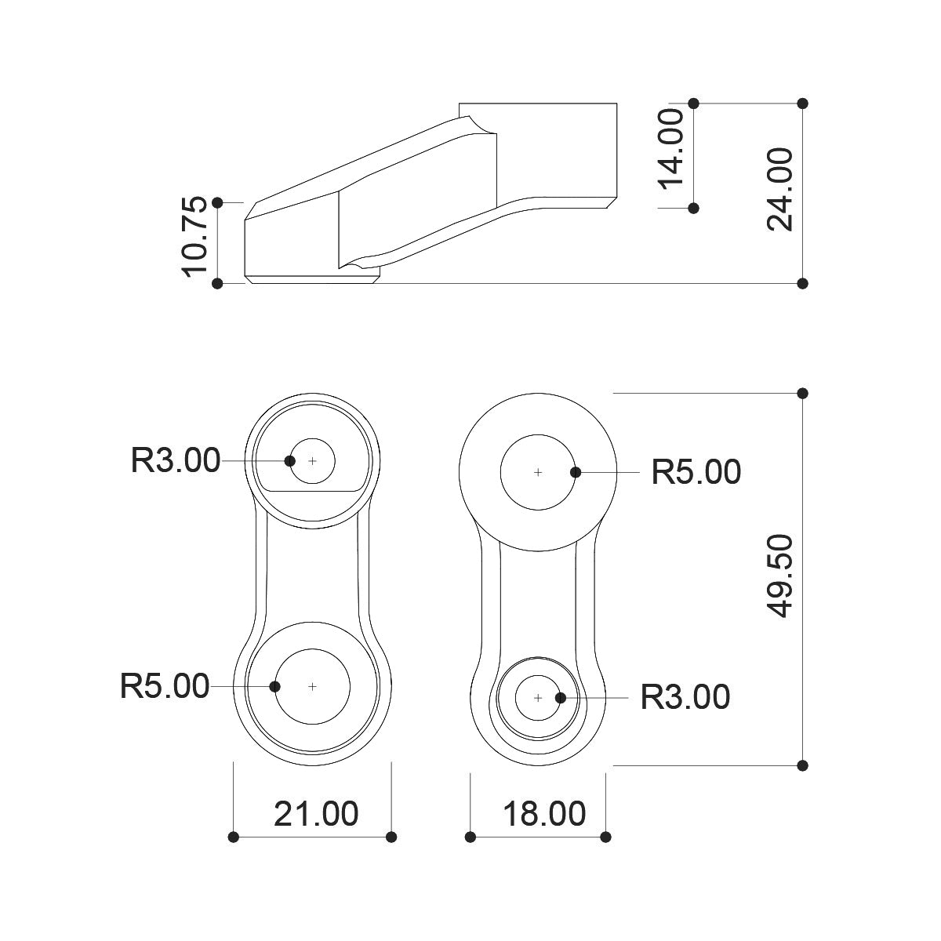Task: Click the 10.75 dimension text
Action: [x=194, y=236]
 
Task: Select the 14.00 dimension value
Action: [x=671, y=149]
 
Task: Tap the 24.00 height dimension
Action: [x=779, y=189]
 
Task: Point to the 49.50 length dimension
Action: [x=779, y=576]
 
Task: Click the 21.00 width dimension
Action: [x=316, y=814]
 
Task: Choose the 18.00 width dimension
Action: [x=544, y=814]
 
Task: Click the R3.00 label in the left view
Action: [x=176, y=460]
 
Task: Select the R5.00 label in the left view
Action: [x=165, y=686]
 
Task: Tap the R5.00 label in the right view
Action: [x=696, y=472]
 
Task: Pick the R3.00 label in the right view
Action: [x=685, y=697]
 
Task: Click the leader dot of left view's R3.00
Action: [x=289, y=460]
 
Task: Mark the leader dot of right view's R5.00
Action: [x=576, y=472]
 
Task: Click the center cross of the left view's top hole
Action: [x=313, y=461]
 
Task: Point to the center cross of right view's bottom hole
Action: [x=538, y=699]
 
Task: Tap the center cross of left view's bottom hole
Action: [x=313, y=687]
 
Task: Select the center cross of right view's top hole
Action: [x=538, y=473]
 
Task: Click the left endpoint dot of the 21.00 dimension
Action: [x=234, y=837]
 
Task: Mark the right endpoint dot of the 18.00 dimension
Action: [x=605, y=837]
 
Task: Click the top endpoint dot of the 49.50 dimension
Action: [x=802, y=393]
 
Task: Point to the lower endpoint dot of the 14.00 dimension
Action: [x=693, y=208]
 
